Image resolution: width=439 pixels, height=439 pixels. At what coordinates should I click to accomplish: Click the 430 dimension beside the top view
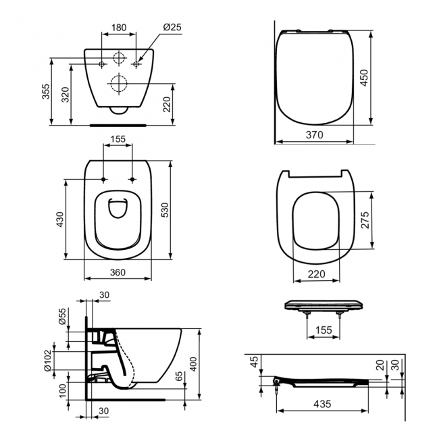click(59, 219)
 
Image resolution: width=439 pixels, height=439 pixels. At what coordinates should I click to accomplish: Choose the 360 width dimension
click(118, 272)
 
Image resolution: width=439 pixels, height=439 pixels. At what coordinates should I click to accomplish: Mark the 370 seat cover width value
click(314, 135)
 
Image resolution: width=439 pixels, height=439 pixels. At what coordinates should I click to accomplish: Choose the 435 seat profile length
click(323, 404)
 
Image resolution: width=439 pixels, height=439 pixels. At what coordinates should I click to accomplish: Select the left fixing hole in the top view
click(103, 180)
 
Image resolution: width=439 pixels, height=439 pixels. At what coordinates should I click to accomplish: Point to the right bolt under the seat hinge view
click(338, 315)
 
